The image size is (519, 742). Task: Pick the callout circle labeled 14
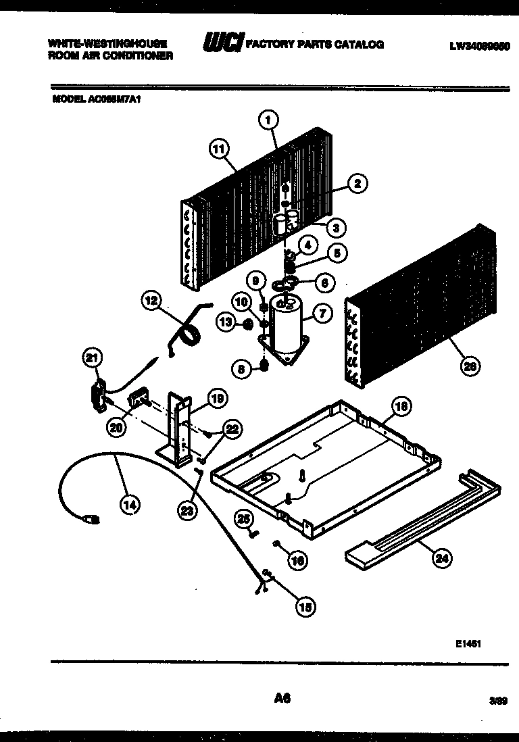tap(130, 503)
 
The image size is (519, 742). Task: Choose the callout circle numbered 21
tap(92, 359)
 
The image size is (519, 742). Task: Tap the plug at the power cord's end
tap(91, 519)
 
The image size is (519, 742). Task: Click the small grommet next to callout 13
tap(247, 325)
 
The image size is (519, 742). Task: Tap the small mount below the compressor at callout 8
tap(265, 365)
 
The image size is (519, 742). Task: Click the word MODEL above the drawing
tap(68, 98)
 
